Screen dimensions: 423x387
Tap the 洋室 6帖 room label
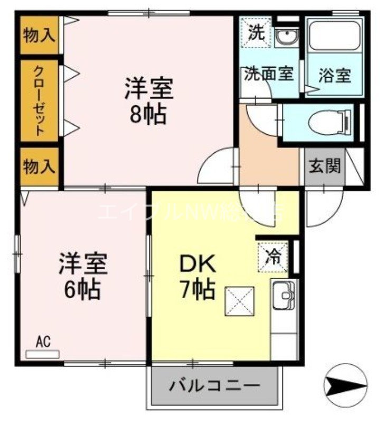83,275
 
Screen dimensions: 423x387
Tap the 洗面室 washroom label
268,74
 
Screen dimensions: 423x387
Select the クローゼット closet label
39,100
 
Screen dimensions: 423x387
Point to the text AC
42,342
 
